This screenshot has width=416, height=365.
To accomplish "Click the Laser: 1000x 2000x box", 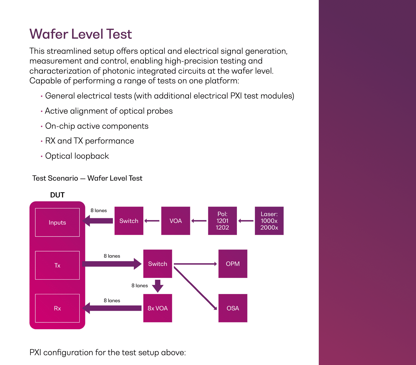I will [269, 221].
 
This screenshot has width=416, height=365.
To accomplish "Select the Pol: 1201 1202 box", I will [222, 221].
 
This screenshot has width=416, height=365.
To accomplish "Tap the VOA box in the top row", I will [175, 221].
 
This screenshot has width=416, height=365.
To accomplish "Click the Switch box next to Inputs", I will [129, 221].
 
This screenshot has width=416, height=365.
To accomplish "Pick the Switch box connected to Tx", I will [157, 264].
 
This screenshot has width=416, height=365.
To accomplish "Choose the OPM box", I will [233, 264].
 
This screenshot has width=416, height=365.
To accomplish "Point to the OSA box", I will [233, 308].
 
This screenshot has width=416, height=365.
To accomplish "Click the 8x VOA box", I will [157, 308].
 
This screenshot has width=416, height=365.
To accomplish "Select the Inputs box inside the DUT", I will [57, 222].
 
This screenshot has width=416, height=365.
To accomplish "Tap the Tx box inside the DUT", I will [57, 265].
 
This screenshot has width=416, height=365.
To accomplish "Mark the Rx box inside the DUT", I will [57, 308].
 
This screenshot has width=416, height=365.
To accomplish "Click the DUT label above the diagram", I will [57, 195].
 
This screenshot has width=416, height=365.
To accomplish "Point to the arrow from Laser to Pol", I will [246, 221].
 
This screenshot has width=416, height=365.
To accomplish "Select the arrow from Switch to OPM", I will [195, 264].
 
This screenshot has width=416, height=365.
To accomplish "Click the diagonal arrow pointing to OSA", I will [195, 288].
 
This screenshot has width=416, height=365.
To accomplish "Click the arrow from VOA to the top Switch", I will [152, 221].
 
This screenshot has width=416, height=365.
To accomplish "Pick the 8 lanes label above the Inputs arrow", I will [99, 211].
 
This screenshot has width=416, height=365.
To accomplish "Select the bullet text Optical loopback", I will [77, 156].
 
